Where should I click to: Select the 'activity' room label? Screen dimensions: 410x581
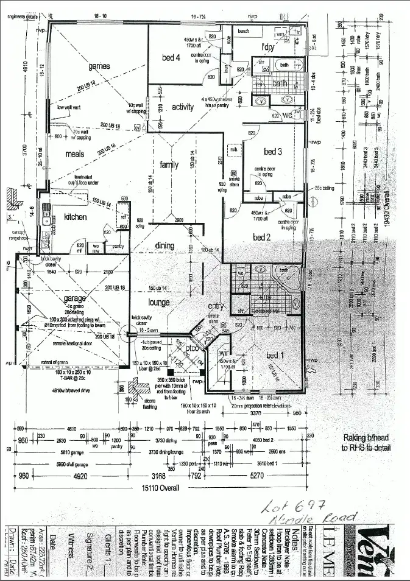[182, 107]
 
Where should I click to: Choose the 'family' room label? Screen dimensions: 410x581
[169, 165]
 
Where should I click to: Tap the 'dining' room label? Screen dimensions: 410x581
[164, 246]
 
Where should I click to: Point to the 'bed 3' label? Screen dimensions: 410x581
[272, 151]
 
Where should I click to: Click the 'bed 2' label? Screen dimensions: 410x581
[263, 238]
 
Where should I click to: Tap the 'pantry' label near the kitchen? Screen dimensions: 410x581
[118, 247]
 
